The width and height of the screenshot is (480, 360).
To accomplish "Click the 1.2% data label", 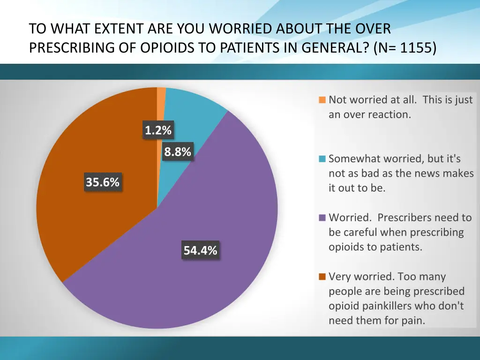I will [x=158, y=131].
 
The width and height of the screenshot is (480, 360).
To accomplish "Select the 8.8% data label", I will [x=178, y=152].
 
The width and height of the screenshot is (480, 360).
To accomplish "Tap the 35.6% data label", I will [x=102, y=182].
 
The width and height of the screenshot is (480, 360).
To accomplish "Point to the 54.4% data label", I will [x=200, y=251].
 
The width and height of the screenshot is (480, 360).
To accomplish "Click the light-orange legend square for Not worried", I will [x=322, y=100].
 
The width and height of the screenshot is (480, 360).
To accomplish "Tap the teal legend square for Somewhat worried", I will [x=322, y=159].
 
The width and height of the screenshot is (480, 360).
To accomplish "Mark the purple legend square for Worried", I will [x=322, y=217].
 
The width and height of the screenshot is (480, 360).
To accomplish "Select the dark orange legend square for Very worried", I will [x=322, y=277].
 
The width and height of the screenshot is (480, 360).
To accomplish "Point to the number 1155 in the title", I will [x=416, y=48].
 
